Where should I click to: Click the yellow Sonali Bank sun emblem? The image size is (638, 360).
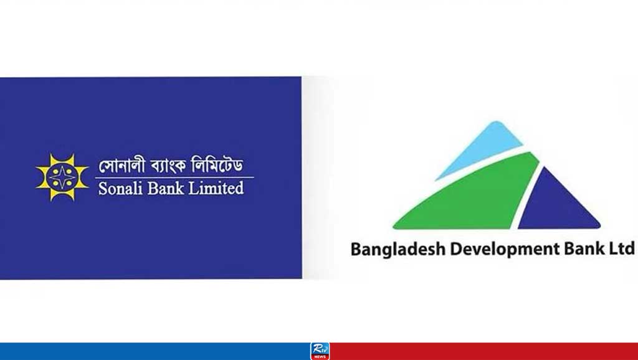(x=62, y=178)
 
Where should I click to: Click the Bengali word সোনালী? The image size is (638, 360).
(x=122, y=165)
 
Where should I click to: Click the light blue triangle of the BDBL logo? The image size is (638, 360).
(x=481, y=151)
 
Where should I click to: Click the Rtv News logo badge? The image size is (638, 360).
(x=320, y=351)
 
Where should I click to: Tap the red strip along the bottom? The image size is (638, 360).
(x=483, y=351)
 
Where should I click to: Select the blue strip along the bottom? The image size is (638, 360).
(x=155, y=351)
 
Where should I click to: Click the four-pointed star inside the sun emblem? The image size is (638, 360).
(x=62, y=178)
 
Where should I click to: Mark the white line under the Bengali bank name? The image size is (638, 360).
(x=174, y=178)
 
